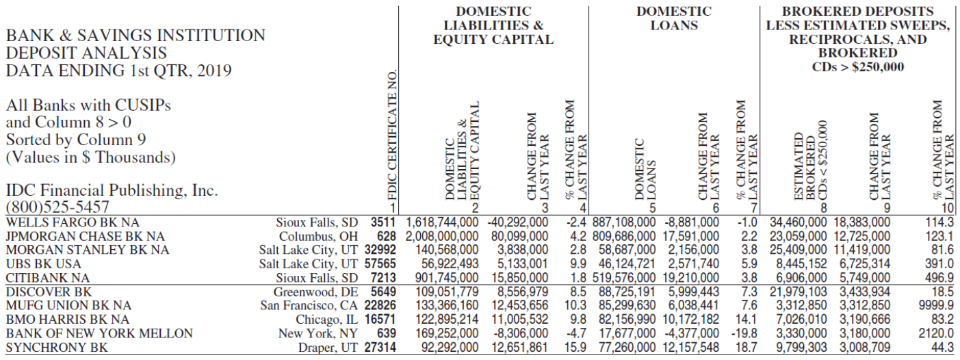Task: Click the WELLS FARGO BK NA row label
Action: click(x=73, y=223)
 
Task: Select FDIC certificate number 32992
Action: click(x=380, y=250)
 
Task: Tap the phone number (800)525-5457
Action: click(x=57, y=207)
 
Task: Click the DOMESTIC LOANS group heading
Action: click(x=674, y=18)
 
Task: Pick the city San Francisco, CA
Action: click(x=309, y=305)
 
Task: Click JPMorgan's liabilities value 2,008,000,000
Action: click(x=442, y=237)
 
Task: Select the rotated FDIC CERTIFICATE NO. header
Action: click(x=392, y=135)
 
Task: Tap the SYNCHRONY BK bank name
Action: click(x=57, y=348)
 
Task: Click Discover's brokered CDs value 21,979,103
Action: click(x=798, y=292)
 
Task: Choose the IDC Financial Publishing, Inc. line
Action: click(x=112, y=190)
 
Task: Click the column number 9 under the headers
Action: click(x=887, y=208)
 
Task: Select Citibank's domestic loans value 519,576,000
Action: click(x=624, y=278)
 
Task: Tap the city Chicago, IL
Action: click(x=326, y=320)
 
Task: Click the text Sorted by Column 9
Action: click(x=76, y=140)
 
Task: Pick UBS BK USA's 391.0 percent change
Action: click(x=939, y=264)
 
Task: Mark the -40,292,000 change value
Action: click(x=518, y=222)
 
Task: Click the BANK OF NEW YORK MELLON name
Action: click(x=99, y=333)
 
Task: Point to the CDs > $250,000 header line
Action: click(x=857, y=67)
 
